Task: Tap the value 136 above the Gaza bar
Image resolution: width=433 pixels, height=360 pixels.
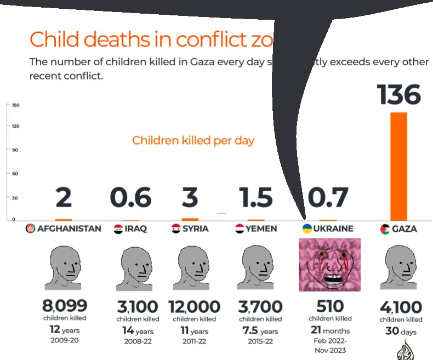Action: [x=399, y=95]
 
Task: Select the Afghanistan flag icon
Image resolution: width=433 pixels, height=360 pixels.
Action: [x=31, y=228]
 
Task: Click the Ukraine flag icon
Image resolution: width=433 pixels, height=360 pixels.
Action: [x=307, y=228]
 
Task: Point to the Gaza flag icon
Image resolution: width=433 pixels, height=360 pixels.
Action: [x=384, y=228]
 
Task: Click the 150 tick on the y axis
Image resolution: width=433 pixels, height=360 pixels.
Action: [x=16, y=105]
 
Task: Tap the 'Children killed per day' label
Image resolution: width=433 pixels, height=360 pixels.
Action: [x=193, y=140]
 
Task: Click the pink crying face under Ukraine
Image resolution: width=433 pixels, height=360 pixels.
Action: [x=329, y=265]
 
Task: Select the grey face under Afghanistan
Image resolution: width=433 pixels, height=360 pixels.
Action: [x=65, y=267]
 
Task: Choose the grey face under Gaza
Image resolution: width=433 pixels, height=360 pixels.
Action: [x=402, y=267]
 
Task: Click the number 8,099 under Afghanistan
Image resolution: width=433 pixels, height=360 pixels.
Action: [x=65, y=305]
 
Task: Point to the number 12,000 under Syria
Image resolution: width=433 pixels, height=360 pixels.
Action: [x=194, y=306]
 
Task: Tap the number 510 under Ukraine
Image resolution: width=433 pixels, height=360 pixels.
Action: [x=329, y=306]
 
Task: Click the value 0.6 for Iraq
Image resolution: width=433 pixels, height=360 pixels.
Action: [x=130, y=198]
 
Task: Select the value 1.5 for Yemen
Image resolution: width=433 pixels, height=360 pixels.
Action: [x=256, y=198]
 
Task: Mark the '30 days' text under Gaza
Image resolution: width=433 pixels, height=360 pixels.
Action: [x=401, y=332]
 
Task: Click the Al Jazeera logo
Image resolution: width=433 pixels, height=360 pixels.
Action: [x=406, y=350]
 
